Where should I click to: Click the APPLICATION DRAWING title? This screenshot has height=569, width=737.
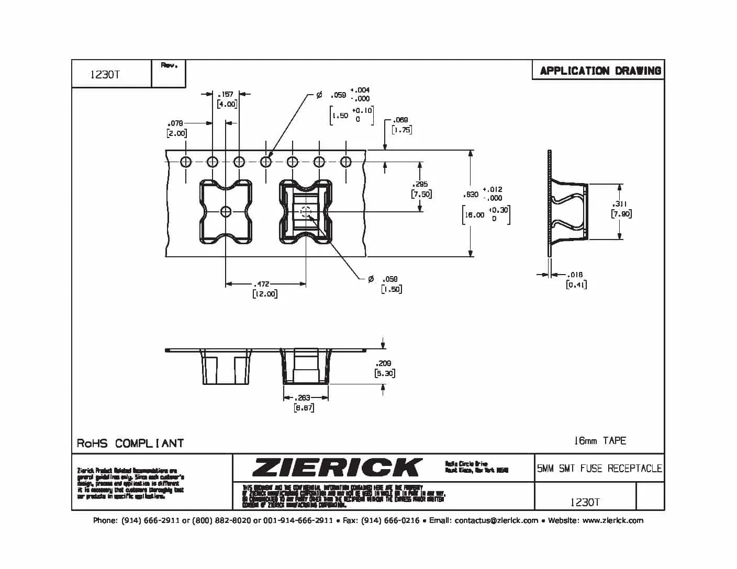(x=600, y=71)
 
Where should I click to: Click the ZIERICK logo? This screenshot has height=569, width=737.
(x=337, y=467)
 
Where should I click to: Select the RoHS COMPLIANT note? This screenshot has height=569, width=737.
(x=130, y=443)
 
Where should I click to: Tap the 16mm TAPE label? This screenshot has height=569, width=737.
(x=600, y=440)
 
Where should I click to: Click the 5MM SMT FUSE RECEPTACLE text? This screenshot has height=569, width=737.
(x=599, y=469)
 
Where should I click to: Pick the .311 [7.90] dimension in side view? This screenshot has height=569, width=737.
(x=621, y=209)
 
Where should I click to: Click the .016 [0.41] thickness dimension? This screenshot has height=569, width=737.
(x=576, y=280)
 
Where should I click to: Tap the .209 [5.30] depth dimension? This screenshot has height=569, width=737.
(x=384, y=368)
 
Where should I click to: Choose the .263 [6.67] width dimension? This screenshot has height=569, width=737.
(x=304, y=403)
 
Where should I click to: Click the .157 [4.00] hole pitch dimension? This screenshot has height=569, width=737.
(x=227, y=99)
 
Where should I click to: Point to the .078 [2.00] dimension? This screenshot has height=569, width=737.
(x=176, y=129)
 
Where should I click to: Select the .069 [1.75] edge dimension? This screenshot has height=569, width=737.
(x=401, y=125)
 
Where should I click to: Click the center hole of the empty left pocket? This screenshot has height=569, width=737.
(x=226, y=211)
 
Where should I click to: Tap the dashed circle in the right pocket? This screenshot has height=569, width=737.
(x=306, y=211)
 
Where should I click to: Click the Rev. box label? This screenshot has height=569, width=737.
(x=169, y=66)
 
